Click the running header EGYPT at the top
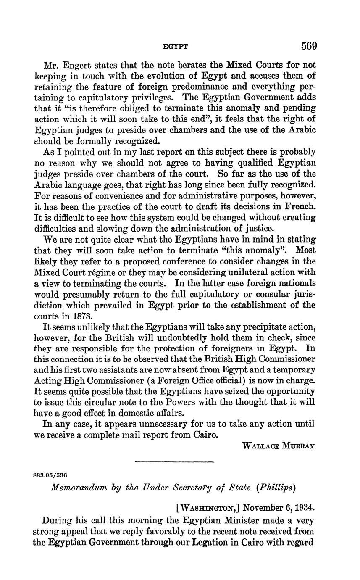(x=175, y=46)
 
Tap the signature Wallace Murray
(x=279, y=446)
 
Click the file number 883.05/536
(x=50, y=475)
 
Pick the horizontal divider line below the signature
(x=175, y=462)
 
